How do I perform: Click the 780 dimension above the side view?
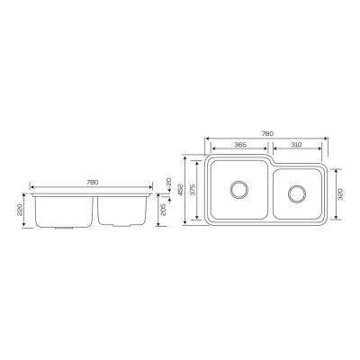click(92, 183)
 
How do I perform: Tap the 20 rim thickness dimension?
click(167, 182)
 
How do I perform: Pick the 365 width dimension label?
click(240, 145)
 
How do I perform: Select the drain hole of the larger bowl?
click(240, 189)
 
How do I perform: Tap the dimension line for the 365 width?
click(240, 150)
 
